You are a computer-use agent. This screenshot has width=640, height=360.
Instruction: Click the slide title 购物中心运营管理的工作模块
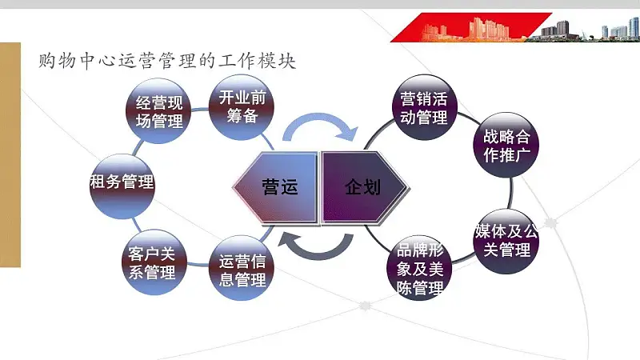coord(167,61)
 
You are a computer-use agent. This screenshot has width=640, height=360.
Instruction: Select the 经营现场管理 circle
coord(158,111)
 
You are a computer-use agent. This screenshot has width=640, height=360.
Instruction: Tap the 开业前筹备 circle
coord(242,107)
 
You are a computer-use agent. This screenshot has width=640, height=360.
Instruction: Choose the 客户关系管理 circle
coord(154,262)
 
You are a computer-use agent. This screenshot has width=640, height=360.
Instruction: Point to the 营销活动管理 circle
coord(424,107)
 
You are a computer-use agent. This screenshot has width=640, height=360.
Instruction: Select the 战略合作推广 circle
coord(506,145)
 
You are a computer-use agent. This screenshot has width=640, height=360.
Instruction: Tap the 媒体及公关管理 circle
coord(506,242)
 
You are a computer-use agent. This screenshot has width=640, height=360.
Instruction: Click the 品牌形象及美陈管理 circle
coord(419,268)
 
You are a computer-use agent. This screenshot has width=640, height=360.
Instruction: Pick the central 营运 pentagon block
coord(275,187)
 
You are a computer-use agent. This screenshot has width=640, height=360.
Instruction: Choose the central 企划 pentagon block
coord(365,187)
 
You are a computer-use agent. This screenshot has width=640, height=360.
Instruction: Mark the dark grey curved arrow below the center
coord(316,254)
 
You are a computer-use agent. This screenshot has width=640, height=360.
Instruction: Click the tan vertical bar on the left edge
coord(10,154)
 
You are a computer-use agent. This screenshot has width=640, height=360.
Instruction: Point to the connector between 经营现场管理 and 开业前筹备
coord(200,110)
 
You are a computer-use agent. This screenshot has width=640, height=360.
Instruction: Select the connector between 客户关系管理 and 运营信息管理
coord(198,264)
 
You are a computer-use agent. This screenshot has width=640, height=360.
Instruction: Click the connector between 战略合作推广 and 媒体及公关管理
coord(511,193)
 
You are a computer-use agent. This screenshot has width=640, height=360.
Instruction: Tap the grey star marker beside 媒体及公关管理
coord(551,223)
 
